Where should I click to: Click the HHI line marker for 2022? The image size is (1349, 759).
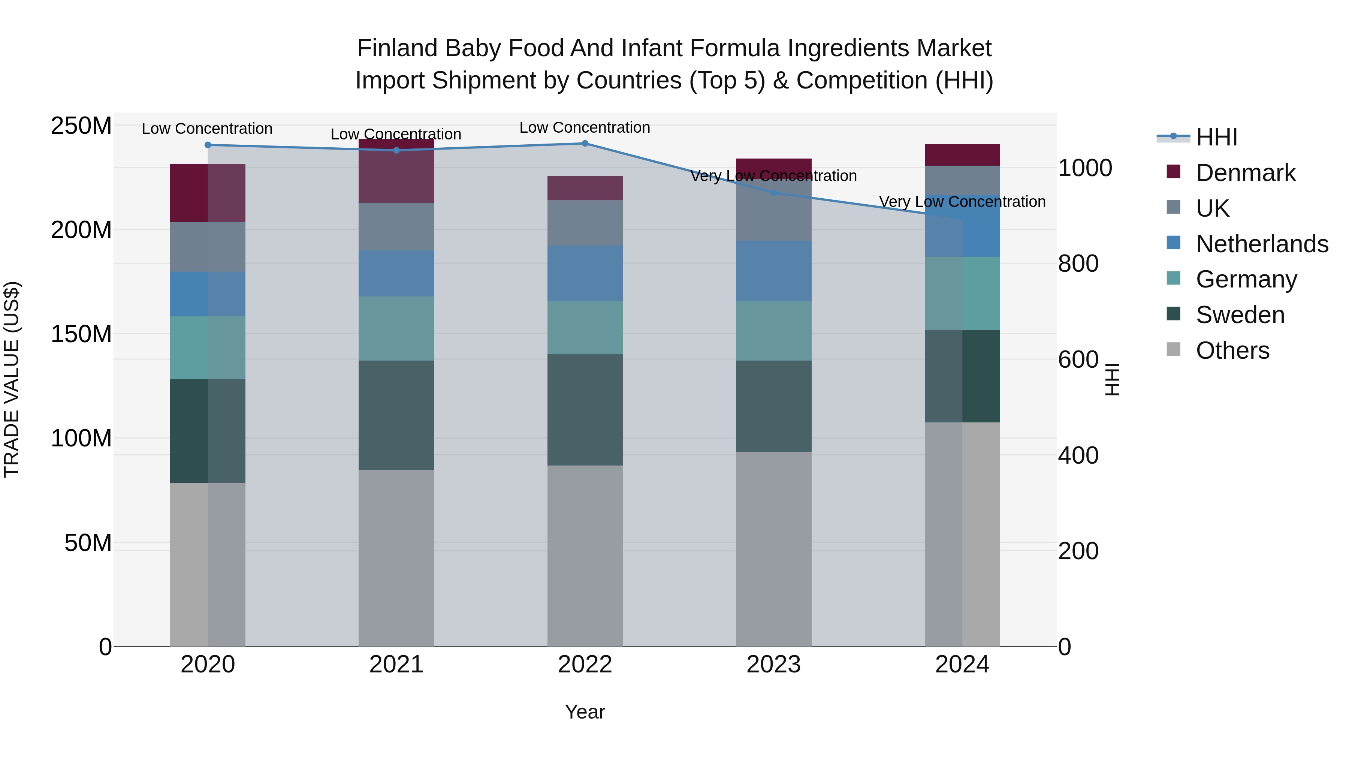[x=585, y=143]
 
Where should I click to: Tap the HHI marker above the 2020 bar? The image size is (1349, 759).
[x=208, y=145]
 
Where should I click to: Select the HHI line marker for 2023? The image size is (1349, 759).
[x=773, y=193]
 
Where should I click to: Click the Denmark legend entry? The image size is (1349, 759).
[x=1245, y=173]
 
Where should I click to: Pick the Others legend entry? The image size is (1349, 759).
[x=1232, y=350]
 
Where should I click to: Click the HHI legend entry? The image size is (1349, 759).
[x=1216, y=137]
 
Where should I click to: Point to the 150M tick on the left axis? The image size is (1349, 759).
[x=81, y=334]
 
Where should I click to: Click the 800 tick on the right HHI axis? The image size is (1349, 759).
[x=1078, y=263]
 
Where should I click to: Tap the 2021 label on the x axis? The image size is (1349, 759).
[x=396, y=664]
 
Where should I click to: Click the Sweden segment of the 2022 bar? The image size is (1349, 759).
[x=585, y=410]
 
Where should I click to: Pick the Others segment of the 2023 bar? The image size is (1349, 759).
[x=773, y=549]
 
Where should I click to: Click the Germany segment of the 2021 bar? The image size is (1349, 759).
[x=396, y=328]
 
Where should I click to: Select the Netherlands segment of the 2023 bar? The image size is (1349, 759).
[x=773, y=271]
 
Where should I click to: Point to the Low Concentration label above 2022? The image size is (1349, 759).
[x=585, y=127]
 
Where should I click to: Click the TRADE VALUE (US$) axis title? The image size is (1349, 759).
[x=12, y=379]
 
